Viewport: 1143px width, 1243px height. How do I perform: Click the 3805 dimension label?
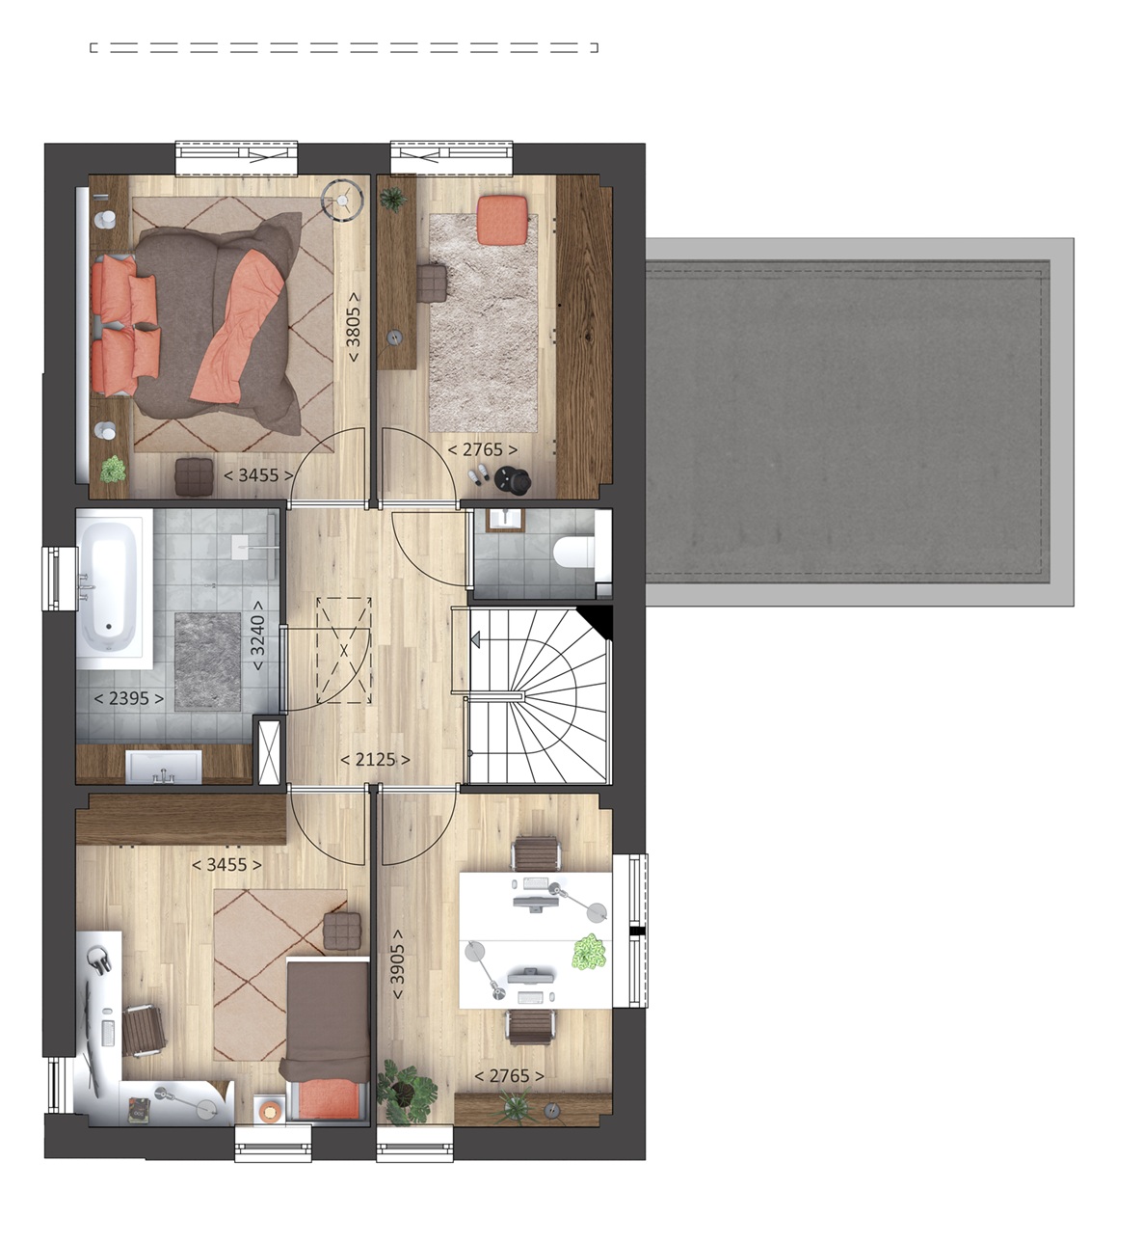[x=353, y=327]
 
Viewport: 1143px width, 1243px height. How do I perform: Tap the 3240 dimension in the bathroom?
[x=257, y=635]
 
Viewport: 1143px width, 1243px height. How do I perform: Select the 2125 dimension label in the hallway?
[x=376, y=759]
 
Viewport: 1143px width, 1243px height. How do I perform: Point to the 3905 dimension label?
[x=397, y=964]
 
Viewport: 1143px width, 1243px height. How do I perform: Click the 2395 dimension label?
[x=129, y=698]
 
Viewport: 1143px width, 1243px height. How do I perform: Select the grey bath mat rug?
[x=207, y=662]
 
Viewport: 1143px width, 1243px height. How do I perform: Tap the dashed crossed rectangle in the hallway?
[x=344, y=651]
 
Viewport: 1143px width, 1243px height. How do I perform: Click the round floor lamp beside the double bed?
[x=342, y=199]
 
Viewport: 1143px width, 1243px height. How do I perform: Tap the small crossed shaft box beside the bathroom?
[x=270, y=752]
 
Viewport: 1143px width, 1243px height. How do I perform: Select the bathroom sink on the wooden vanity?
[x=164, y=767]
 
